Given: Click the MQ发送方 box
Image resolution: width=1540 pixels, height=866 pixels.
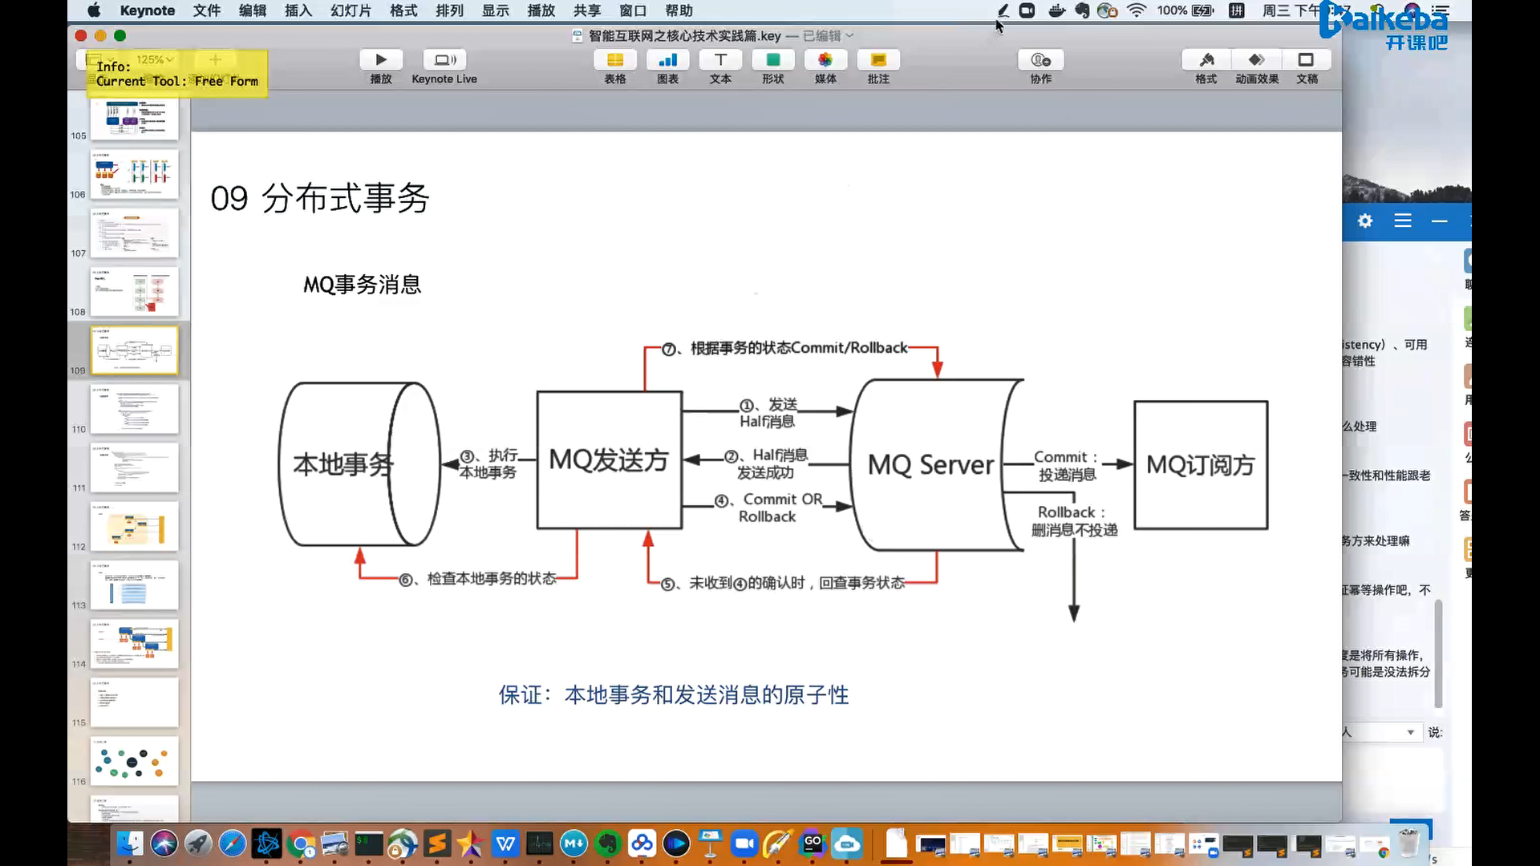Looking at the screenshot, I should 609,460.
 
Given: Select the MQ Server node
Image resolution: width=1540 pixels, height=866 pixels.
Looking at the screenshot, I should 930,465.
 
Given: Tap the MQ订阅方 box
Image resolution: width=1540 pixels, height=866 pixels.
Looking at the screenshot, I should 1200,465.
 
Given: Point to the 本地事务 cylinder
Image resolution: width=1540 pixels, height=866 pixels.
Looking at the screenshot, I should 343,464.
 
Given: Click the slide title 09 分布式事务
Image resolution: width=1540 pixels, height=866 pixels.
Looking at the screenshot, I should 320,198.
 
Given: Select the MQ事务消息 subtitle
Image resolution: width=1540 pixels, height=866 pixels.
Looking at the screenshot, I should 362,285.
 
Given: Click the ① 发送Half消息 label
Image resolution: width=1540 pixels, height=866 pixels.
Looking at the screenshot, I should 768,413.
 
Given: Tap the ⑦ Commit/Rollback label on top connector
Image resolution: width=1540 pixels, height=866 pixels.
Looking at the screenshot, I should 799,348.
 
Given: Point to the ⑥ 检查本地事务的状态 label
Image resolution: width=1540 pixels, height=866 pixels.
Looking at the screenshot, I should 490,579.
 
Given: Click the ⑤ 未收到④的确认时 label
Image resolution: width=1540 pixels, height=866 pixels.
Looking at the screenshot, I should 796,583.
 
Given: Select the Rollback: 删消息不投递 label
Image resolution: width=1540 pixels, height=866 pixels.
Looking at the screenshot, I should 1073,521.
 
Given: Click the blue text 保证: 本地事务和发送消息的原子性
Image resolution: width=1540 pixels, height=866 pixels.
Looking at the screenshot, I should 674,694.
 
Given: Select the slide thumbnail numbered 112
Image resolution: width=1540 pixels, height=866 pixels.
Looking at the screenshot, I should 134,526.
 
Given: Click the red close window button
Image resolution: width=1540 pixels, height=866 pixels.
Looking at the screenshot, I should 81,35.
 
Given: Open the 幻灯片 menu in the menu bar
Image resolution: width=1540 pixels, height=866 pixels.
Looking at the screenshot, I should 351,10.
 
